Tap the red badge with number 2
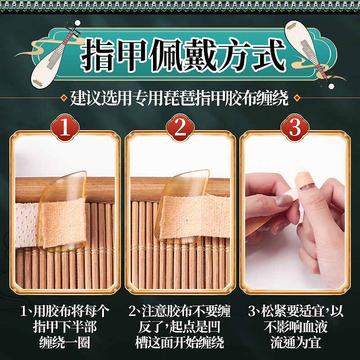click(x=180, y=128)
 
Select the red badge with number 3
click(x=295, y=128)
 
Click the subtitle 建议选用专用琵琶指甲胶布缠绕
click(x=180, y=98)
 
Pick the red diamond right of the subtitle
click(x=296, y=98)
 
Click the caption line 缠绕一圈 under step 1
click(x=65, y=343)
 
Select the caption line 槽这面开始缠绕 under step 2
click(x=180, y=343)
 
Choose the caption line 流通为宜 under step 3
click(x=295, y=343)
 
